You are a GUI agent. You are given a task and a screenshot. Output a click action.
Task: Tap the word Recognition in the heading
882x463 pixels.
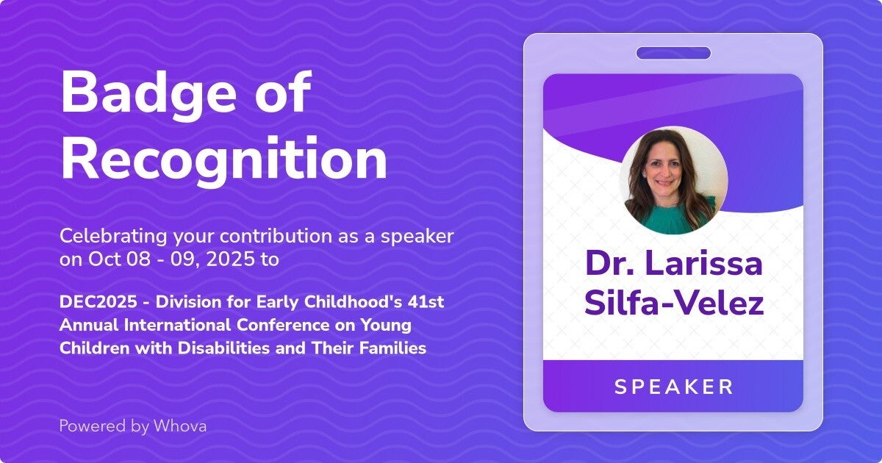click(x=224, y=157)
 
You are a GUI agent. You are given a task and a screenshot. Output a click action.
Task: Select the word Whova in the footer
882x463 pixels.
click(x=180, y=426)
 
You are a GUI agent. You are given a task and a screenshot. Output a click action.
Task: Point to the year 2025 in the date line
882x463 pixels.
click(x=230, y=259)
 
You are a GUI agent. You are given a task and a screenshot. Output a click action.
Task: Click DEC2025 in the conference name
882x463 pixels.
click(x=98, y=302)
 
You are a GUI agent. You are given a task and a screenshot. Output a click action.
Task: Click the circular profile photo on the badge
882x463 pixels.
click(x=673, y=180)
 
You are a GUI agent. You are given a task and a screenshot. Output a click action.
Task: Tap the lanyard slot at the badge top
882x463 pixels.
click(x=673, y=53)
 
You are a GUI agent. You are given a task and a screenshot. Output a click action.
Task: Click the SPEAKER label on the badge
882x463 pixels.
click(x=674, y=387)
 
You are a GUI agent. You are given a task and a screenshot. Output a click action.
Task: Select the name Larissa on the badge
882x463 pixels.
click(x=703, y=263)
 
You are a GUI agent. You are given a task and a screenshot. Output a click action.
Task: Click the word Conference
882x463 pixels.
click(x=283, y=325)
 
